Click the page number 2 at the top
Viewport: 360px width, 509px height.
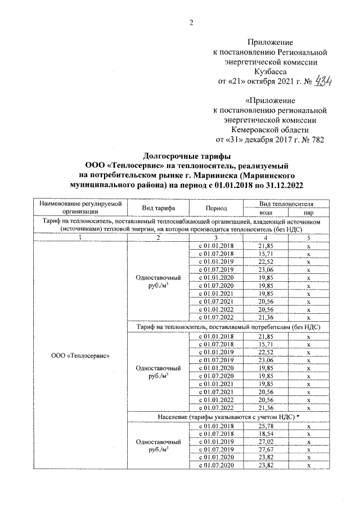[x=191, y=22]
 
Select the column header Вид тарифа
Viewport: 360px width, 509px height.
[x=158, y=208]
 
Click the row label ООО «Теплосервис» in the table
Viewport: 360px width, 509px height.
[x=80, y=355]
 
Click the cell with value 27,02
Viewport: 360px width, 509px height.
[x=265, y=443]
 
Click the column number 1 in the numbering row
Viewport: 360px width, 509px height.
[x=80, y=238]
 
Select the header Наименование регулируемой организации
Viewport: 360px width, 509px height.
[x=80, y=208]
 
